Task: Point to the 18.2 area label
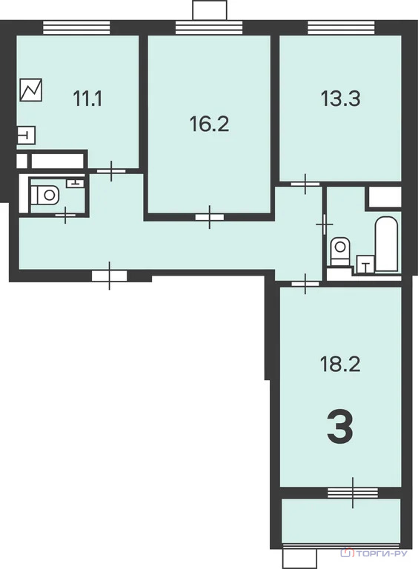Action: (340, 365)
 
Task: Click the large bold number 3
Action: (340, 428)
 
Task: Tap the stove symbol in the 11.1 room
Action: (32, 90)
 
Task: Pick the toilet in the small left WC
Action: (46, 196)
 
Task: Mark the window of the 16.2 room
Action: (208, 28)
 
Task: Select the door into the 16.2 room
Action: (211, 218)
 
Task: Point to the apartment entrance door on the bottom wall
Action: (110, 276)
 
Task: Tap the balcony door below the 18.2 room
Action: (353, 490)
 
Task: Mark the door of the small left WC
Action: (66, 215)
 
